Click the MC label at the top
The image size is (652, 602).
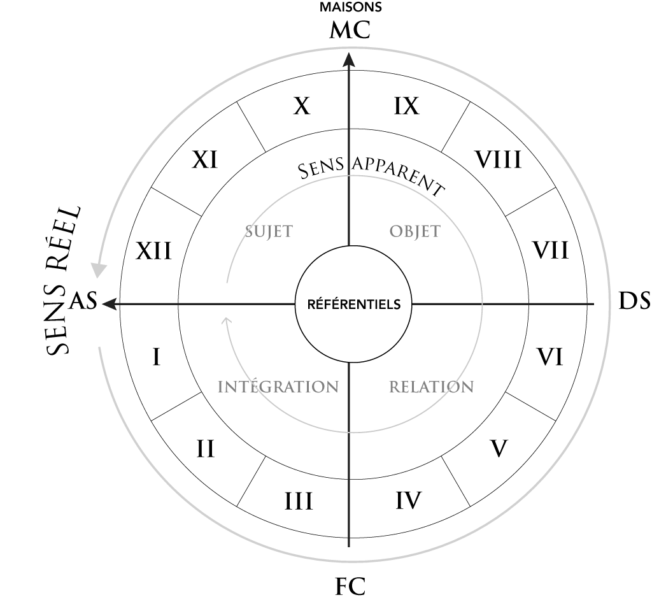[x=350, y=30]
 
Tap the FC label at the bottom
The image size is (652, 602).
[x=350, y=587]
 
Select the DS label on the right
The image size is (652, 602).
[x=634, y=301]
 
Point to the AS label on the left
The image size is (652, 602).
[x=83, y=301]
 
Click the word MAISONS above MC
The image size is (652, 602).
[x=351, y=7]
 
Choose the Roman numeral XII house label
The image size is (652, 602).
[x=153, y=251]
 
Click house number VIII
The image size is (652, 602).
[x=498, y=160]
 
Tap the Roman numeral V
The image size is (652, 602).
[x=499, y=448]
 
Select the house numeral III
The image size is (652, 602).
[x=298, y=501]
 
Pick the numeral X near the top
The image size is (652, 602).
[x=302, y=106]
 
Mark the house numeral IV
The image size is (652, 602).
[x=408, y=501]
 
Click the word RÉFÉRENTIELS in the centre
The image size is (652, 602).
[x=354, y=305]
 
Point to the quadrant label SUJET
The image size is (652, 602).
[x=269, y=231]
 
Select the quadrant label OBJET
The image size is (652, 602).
[x=415, y=231]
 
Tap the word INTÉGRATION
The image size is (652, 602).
[x=278, y=387]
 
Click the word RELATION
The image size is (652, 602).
[x=431, y=387]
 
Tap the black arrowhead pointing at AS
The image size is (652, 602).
[x=109, y=305]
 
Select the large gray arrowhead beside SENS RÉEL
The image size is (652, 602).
[x=99, y=271]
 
